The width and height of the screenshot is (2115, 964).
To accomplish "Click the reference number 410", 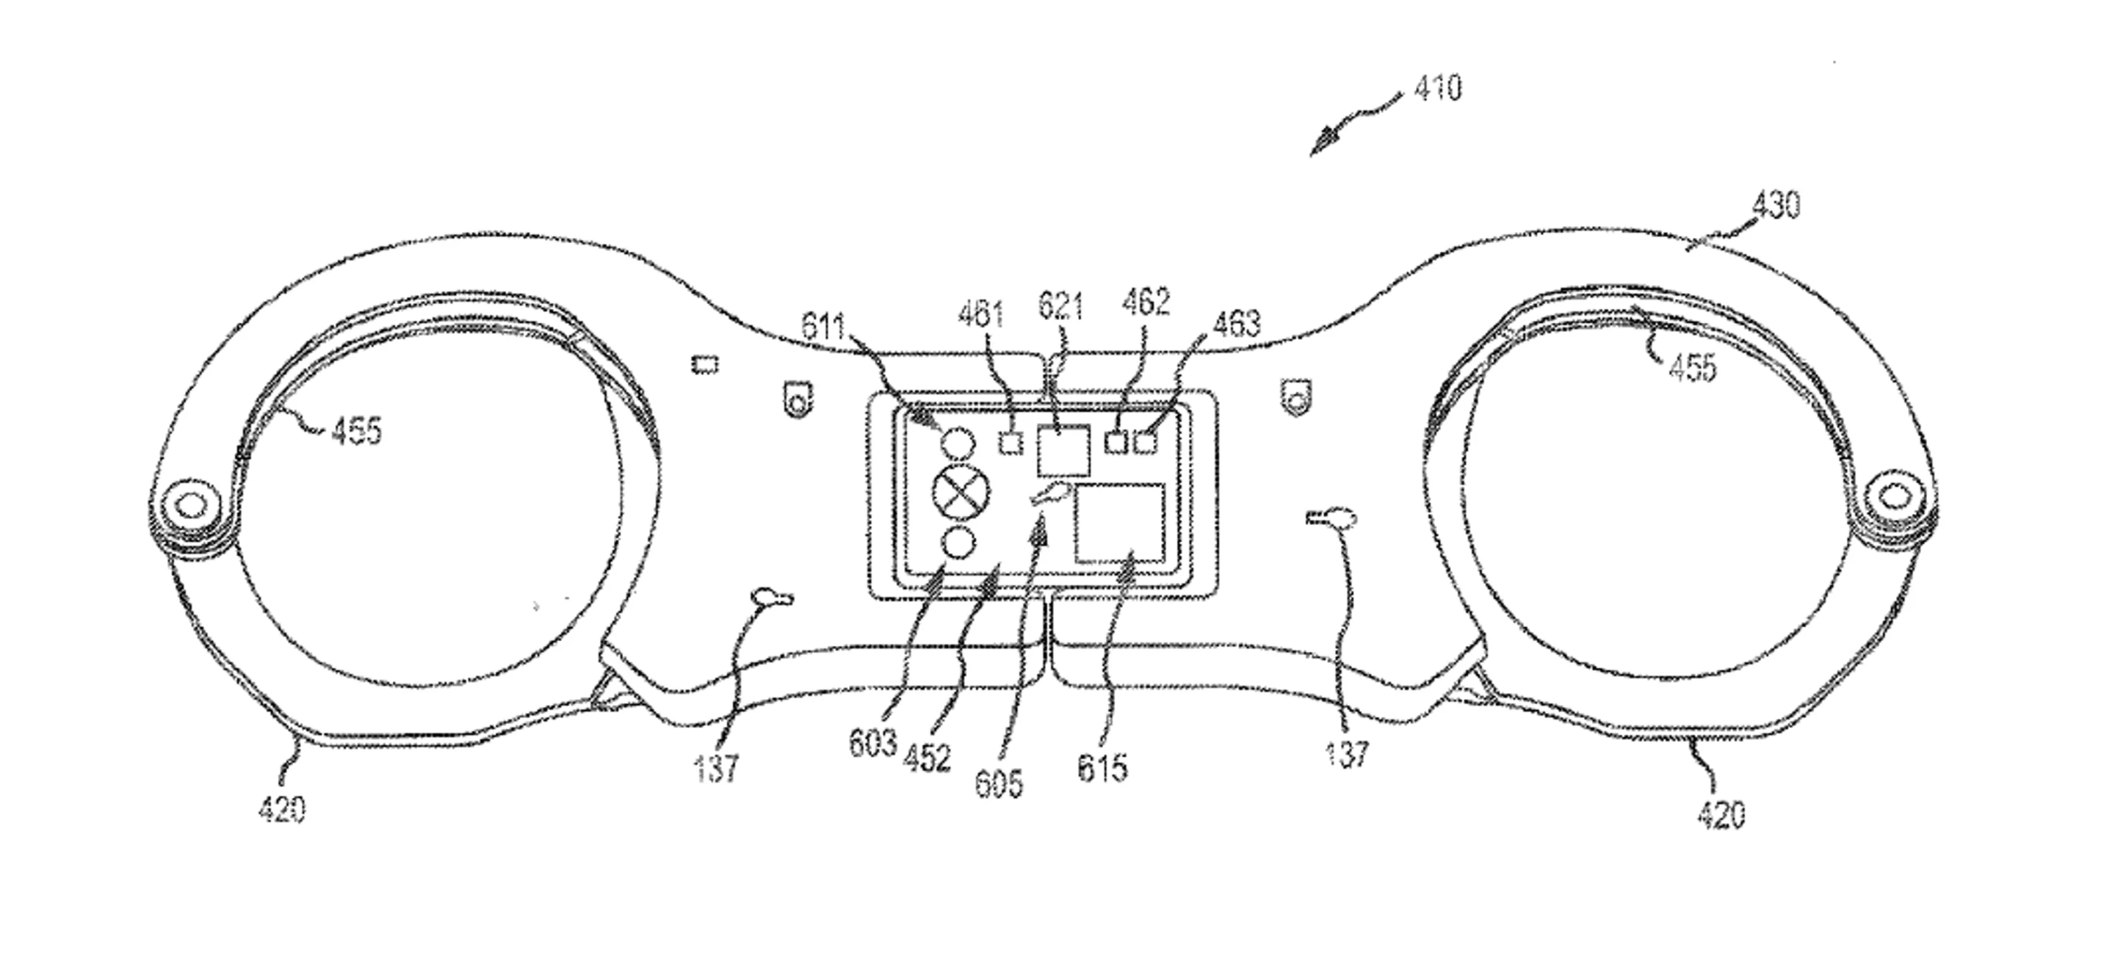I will click(1438, 88).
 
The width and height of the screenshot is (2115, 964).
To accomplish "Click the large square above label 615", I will click(1120, 523).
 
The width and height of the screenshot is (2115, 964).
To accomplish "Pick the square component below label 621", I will click(1063, 449).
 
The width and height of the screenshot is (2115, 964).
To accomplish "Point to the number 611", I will click(822, 328).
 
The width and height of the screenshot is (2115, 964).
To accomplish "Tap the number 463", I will click(1237, 325).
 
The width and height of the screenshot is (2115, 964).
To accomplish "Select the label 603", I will click(872, 743).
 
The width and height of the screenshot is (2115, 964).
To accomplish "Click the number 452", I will click(927, 757).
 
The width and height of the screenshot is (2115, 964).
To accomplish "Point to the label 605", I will click(999, 784).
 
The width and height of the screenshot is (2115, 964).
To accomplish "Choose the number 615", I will click(1102, 768).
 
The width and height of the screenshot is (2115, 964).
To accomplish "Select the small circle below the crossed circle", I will click(959, 543).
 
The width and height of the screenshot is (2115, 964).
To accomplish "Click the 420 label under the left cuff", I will click(281, 811).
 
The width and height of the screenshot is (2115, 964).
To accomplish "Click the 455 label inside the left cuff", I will click(356, 430).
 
